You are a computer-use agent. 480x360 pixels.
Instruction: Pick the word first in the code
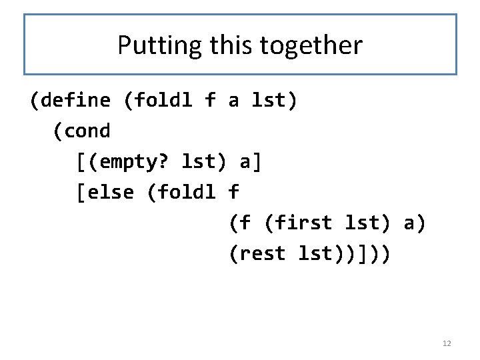(x=305, y=223)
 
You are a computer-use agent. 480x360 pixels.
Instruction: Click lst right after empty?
(x=199, y=162)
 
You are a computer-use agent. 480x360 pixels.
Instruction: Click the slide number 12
(x=447, y=343)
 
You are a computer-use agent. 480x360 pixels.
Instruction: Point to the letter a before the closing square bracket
(x=244, y=162)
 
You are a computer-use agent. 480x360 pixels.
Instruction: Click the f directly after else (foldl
(x=233, y=193)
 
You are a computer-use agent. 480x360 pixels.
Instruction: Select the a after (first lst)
(x=410, y=223)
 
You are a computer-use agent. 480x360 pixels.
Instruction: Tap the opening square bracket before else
(x=81, y=193)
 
